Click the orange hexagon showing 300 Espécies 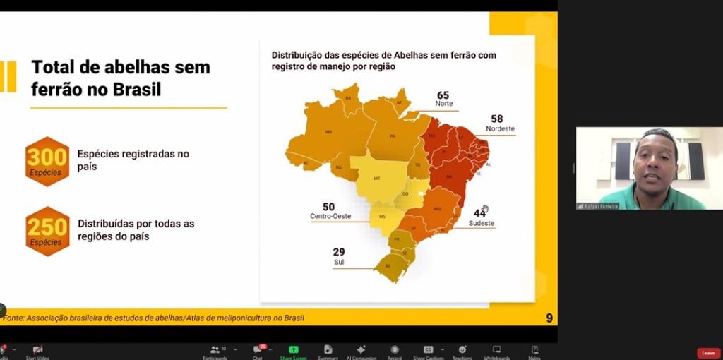[47, 161]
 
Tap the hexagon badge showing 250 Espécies [47, 231]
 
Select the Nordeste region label [500, 129]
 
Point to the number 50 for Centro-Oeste [328, 208]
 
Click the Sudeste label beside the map [482, 223]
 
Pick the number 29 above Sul [339, 252]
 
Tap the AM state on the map [328, 132]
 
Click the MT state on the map [377, 178]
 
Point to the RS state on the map [388, 266]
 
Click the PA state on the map [392, 136]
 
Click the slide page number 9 [549, 318]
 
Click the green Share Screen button [293, 351]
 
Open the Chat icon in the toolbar [258, 351]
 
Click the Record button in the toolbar [394, 351]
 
